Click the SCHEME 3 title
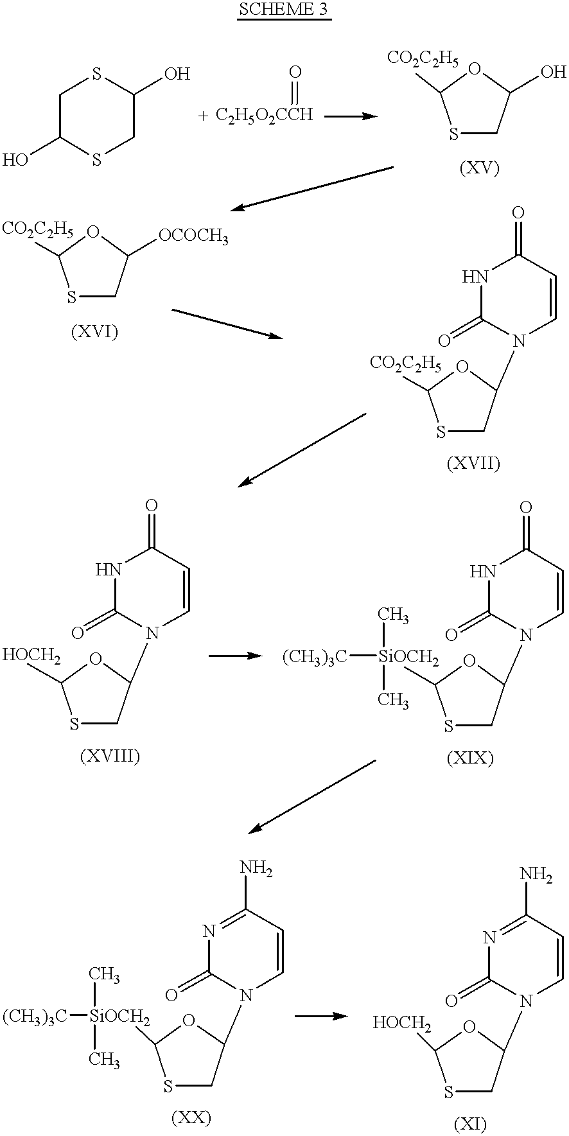pyautogui.click(x=284, y=10)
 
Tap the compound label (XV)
pyautogui.click(x=479, y=168)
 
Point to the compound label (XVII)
pyautogui.click(x=473, y=463)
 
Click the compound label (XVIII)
pyautogui.click(x=110, y=756)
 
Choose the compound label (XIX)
pyautogui.click(x=470, y=758)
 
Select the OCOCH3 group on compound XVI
pyautogui.click(x=193, y=239)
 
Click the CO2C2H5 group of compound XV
pyautogui.click(x=423, y=60)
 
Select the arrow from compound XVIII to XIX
pyautogui.click(x=236, y=656)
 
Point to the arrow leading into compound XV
pyautogui.click(x=351, y=116)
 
